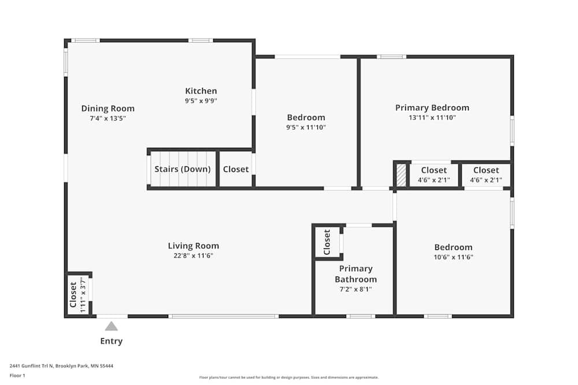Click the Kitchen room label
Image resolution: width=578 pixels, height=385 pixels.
(x=201, y=91)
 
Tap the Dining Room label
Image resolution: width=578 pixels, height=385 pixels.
(x=108, y=109)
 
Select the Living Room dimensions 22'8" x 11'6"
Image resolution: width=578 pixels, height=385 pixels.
(x=194, y=256)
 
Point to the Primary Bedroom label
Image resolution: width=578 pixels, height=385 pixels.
(x=432, y=108)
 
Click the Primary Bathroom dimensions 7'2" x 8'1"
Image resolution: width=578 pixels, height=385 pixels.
(x=355, y=289)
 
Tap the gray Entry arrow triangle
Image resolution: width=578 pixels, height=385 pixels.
(x=112, y=327)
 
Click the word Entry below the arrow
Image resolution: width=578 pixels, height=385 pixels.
(x=112, y=341)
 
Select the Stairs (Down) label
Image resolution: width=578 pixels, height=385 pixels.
(x=183, y=169)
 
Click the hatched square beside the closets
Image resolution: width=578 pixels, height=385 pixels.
(x=401, y=175)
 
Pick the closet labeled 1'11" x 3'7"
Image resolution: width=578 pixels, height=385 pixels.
(x=77, y=294)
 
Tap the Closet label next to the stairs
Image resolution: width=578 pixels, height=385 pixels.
(x=236, y=169)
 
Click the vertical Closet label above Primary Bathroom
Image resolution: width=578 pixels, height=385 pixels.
(x=327, y=242)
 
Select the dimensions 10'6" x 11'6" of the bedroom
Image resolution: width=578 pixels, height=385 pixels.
(x=453, y=257)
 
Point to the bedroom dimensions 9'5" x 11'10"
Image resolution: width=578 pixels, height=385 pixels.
(x=306, y=128)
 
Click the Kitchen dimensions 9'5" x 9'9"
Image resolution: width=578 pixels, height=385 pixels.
(x=201, y=101)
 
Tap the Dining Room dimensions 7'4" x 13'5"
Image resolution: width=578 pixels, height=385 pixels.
(x=108, y=118)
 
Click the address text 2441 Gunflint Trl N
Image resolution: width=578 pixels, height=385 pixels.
(x=31, y=366)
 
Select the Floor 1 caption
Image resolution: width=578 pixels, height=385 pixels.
(x=17, y=375)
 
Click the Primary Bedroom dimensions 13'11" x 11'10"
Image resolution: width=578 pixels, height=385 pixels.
(x=432, y=118)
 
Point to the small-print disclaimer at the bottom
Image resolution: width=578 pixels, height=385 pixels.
(x=288, y=377)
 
